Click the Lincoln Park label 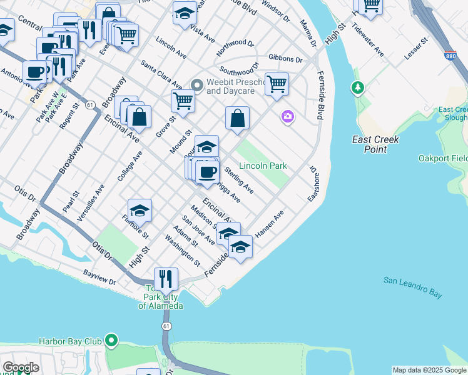point(263,166)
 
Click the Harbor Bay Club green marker point(111,341)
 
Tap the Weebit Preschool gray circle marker point(196,84)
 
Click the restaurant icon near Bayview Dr point(166,278)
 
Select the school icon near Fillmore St point(140,210)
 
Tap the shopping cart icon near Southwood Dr point(277,83)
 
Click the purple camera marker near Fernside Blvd point(287,116)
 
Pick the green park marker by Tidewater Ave point(358,88)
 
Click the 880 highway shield point(448,55)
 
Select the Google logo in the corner point(21,367)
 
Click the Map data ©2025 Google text point(429,370)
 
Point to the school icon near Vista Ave point(185,13)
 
